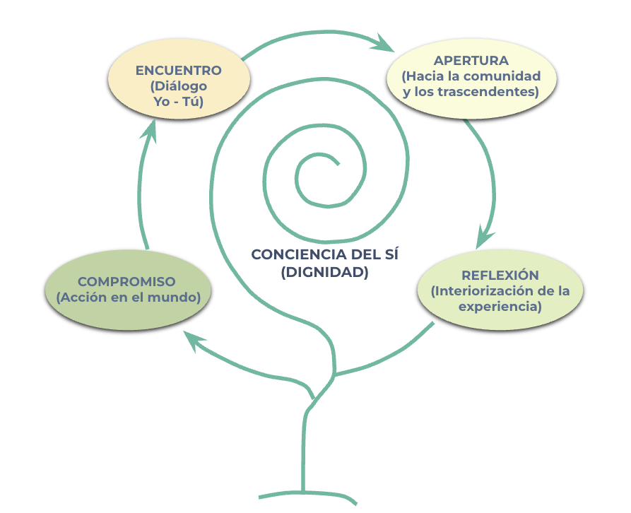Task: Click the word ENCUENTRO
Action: (x=179, y=71)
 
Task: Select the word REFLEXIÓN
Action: (x=500, y=275)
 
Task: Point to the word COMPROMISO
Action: (x=126, y=281)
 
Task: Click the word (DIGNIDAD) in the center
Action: (x=324, y=272)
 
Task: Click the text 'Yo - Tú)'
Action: (x=179, y=102)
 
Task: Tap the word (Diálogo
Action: (x=179, y=86)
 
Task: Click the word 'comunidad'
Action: (x=508, y=76)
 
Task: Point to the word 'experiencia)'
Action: (x=500, y=307)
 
